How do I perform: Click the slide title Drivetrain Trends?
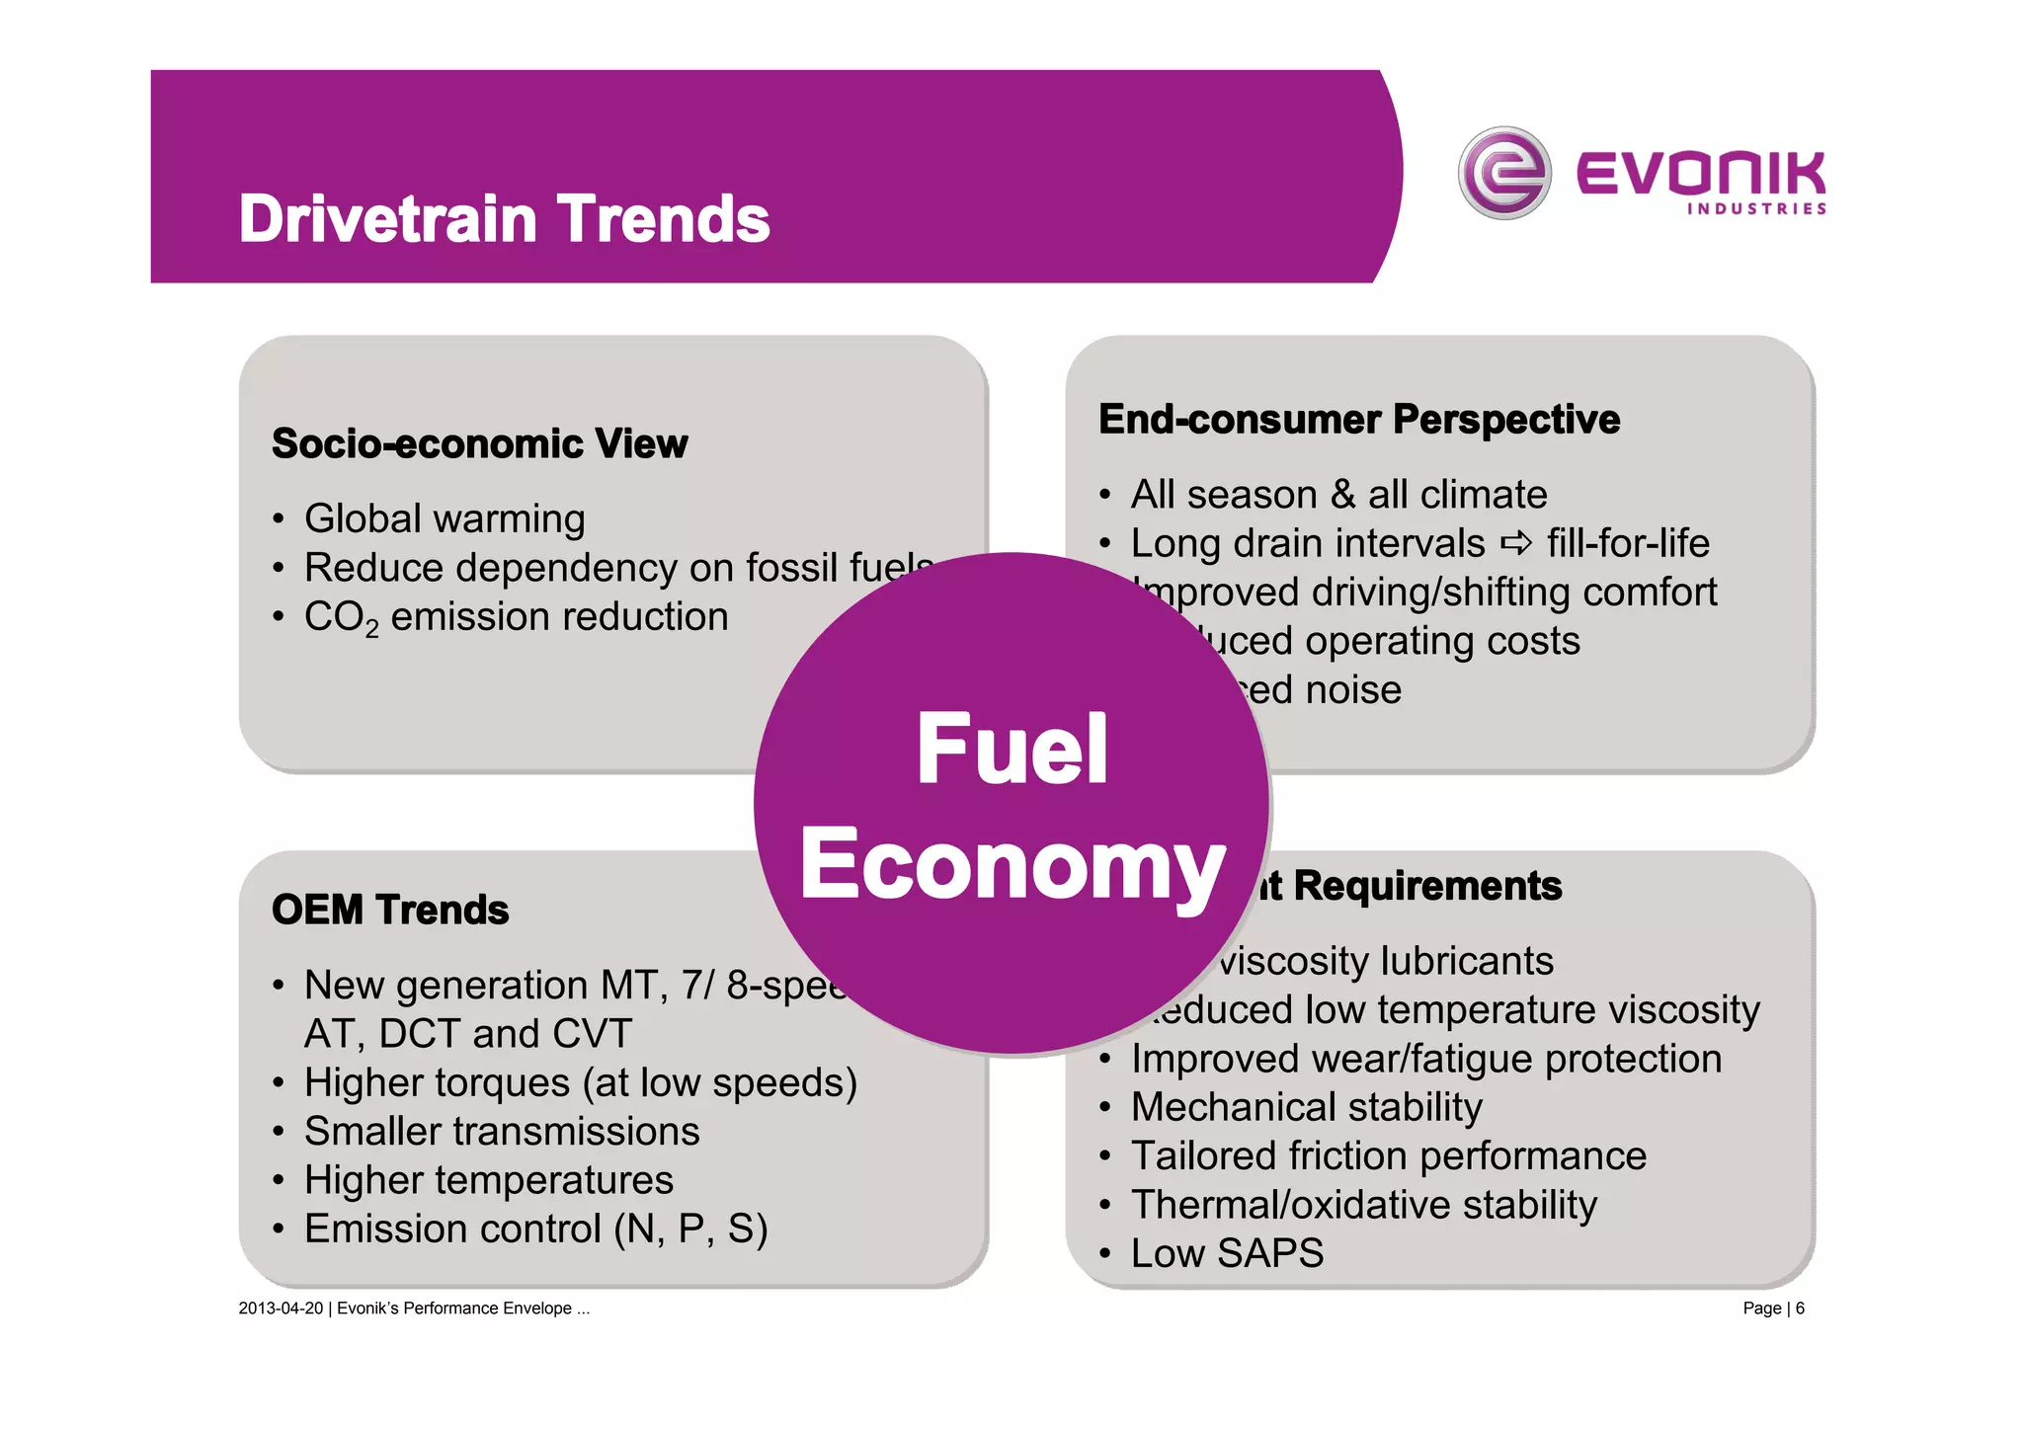(x=504, y=218)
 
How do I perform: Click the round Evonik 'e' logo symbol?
(x=1503, y=174)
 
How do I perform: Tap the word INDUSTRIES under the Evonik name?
(x=1756, y=209)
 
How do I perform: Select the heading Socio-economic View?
(x=479, y=443)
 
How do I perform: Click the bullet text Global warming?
(x=445, y=518)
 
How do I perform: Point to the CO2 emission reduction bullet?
(x=516, y=617)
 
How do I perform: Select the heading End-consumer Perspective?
(x=1358, y=420)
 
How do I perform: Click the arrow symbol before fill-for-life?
(x=1515, y=543)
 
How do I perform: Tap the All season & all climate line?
(x=1338, y=494)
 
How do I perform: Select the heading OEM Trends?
(x=390, y=910)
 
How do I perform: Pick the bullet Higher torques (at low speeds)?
(x=580, y=1082)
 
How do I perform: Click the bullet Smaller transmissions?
(x=502, y=1132)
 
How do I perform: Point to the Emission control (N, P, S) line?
(x=535, y=1230)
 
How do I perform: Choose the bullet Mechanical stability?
(x=1306, y=1107)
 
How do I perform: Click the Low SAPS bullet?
(x=1227, y=1253)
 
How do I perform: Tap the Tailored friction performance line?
(x=1388, y=1155)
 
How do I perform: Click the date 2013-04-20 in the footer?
(x=281, y=1309)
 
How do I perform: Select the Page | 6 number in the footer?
(x=1773, y=1309)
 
